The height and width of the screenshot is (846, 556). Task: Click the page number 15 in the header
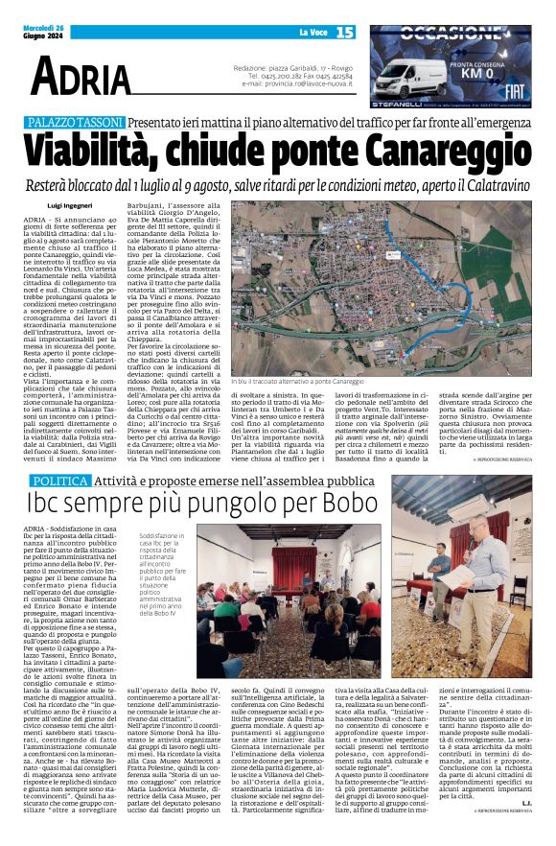(344, 33)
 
